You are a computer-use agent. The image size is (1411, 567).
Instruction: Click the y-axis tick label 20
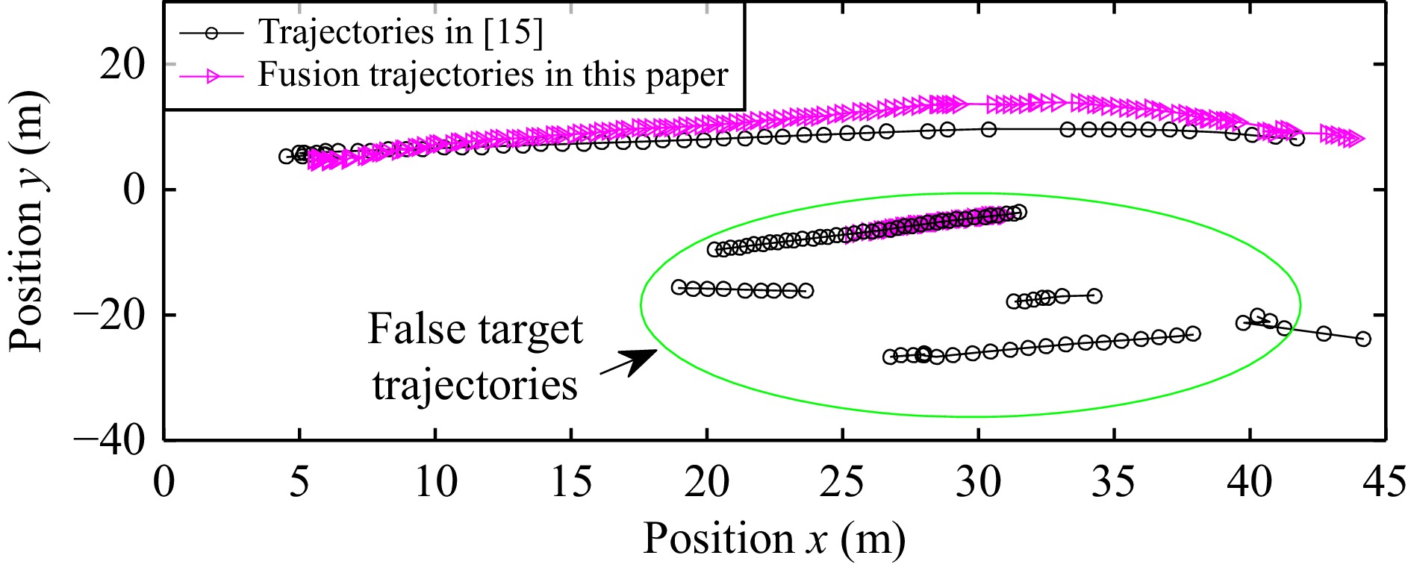[122, 65]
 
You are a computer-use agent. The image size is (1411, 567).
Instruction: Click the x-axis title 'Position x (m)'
[773, 538]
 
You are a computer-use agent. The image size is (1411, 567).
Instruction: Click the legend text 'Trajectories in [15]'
[400, 32]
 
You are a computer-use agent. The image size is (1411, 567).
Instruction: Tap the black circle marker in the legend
[212, 33]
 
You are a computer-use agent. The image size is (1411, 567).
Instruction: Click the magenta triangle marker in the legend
[213, 75]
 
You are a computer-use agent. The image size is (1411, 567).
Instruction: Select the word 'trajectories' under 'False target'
[475, 386]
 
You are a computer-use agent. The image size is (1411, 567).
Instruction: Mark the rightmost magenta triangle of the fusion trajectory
[1355, 138]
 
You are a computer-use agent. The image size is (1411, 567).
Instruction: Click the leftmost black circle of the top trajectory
[285, 156]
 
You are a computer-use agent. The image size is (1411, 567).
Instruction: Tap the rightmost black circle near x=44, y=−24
[1362, 339]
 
